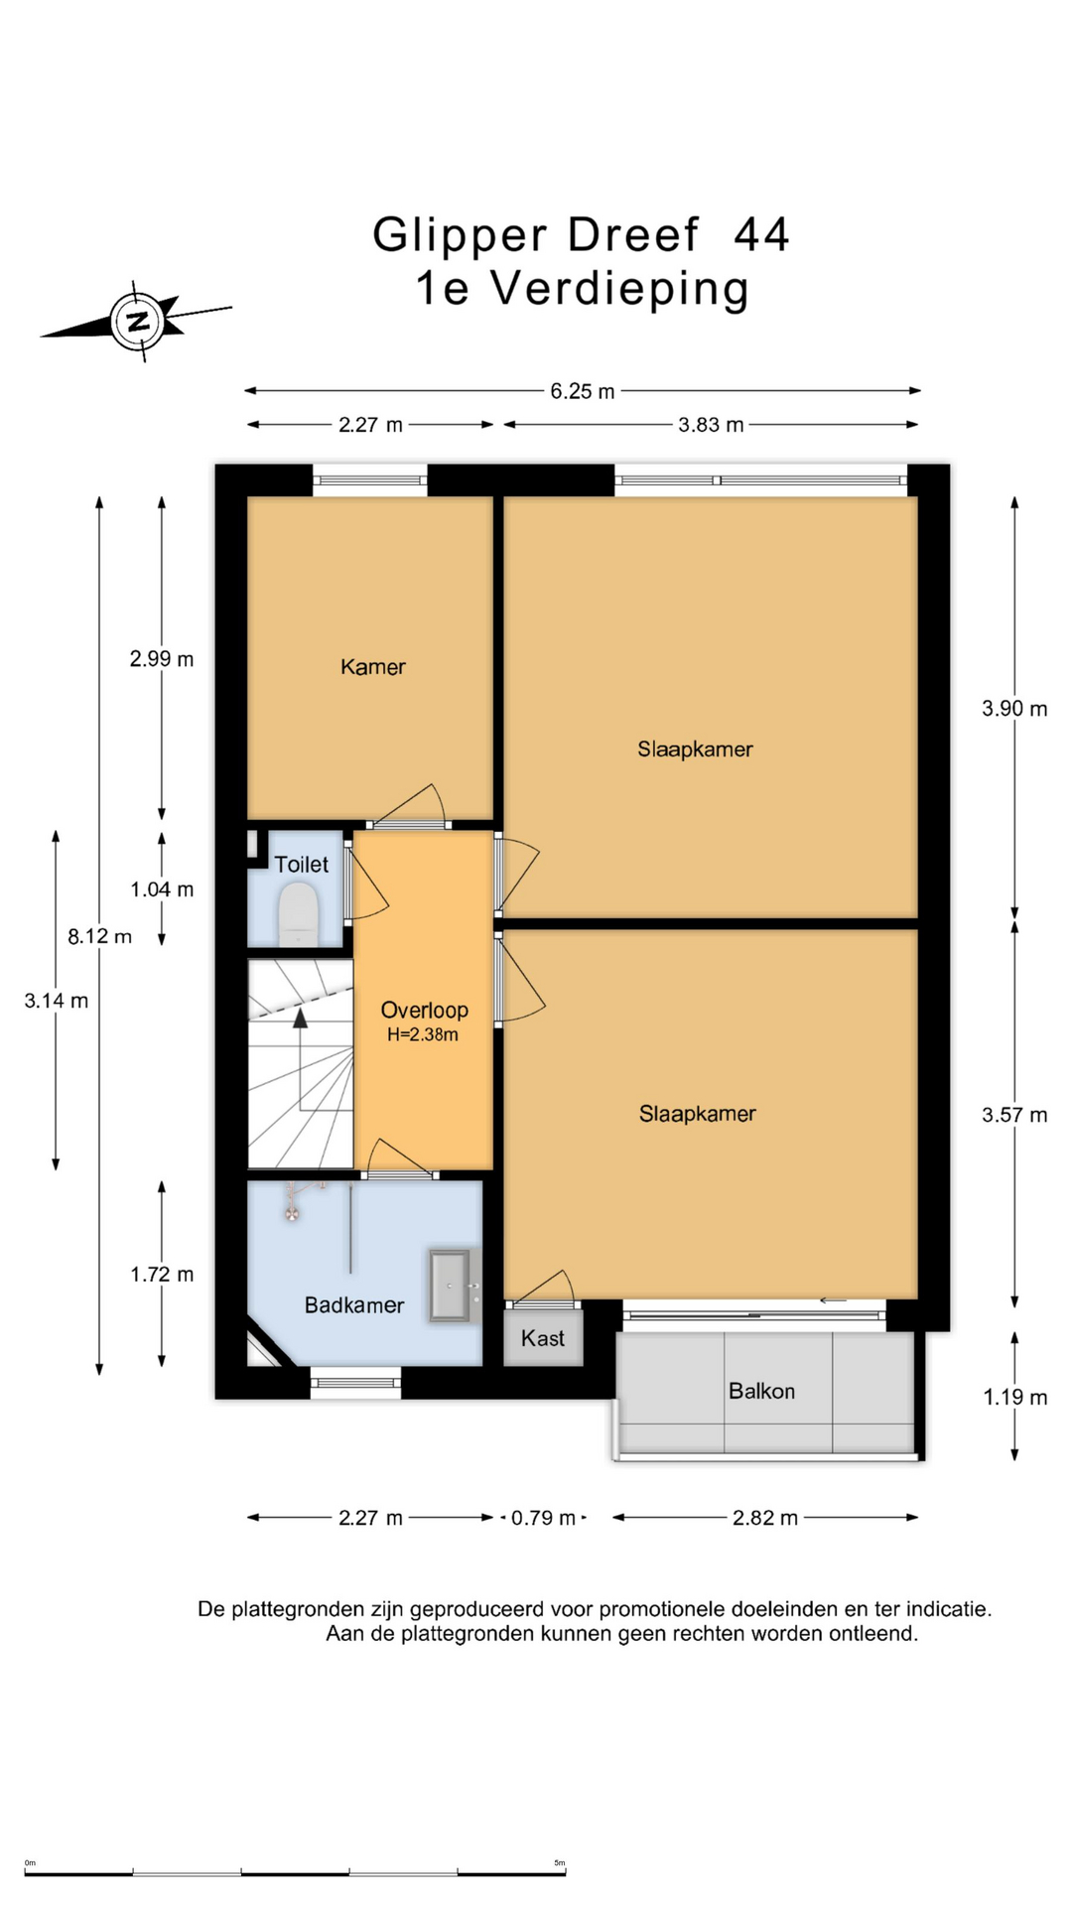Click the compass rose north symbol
click(x=139, y=321)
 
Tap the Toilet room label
click(x=302, y=865)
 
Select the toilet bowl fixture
click(x=298, y=914)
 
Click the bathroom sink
click(x=451, y=1286)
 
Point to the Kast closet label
click(x=543, y=1338)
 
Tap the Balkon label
click(x=761, y=1391)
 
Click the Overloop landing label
click(x=425, y=1011)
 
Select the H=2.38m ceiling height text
click(x=423, y=1035)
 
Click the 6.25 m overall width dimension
click(x=583, y=391)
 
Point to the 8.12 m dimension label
click(x=99, y=936)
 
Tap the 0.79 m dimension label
click(x=543, y=1518)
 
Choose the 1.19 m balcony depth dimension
click(x=1014, y=1398)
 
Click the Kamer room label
click(x=373, y=667)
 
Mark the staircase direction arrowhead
click(x=300, y=1018)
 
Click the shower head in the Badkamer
click(x=292, y=1212)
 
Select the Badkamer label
click(x=354, y=1305)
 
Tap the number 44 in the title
click(x=761, y=235)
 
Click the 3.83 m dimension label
click(x=711, y=425)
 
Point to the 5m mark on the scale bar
click(x=560, y=1863)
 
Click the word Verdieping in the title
click(x=619, y=290)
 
